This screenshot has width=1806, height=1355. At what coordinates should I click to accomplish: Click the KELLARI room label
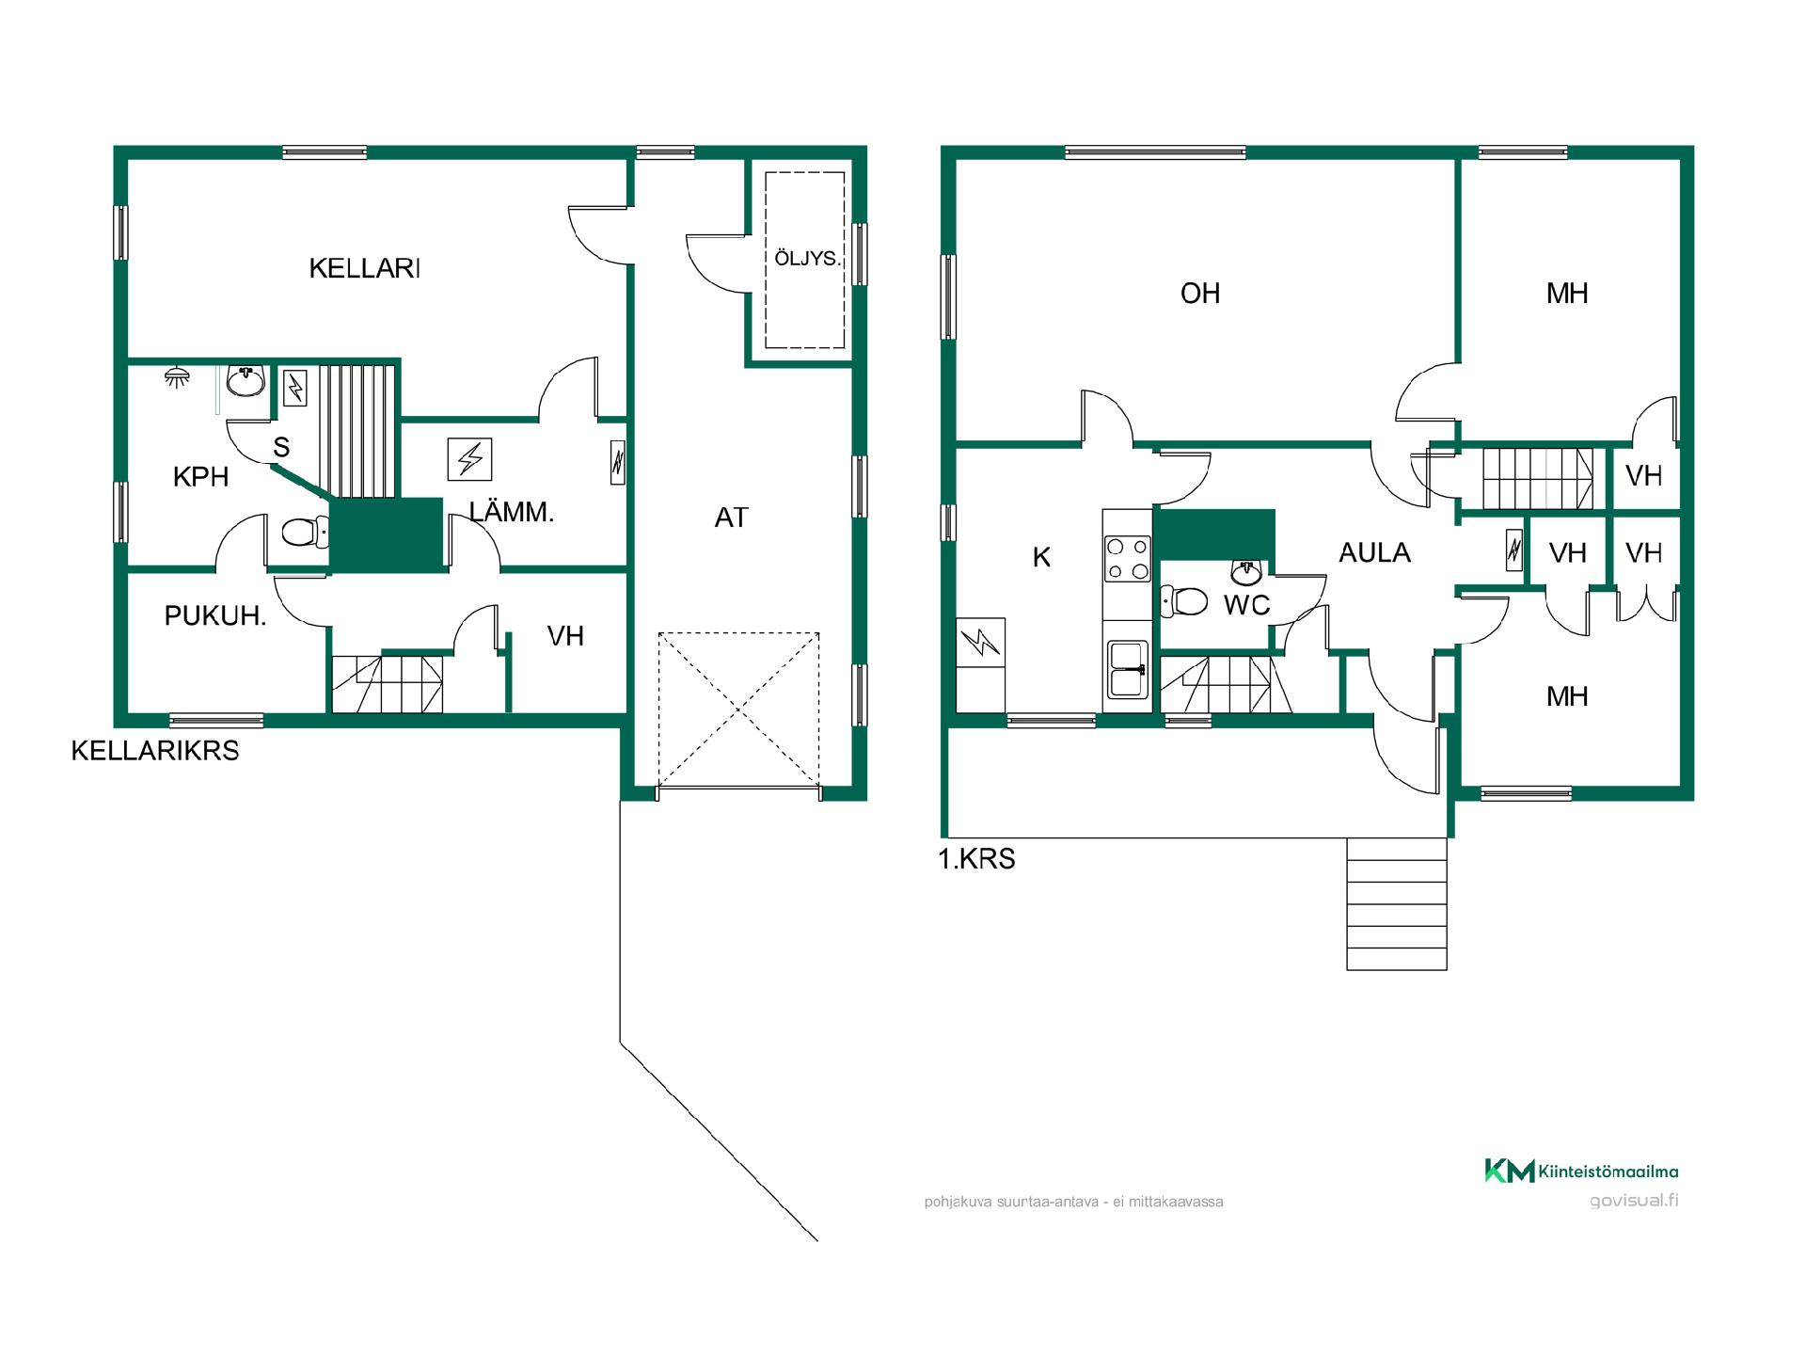coord(364,268)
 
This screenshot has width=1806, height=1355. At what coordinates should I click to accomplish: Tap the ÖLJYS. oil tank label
coord(807,258)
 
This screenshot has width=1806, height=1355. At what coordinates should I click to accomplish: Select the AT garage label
coord(731,518)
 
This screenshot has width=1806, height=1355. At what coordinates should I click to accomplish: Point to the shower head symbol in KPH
coord(175,376)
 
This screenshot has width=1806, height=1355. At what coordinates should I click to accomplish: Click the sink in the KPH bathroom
coord(246,381)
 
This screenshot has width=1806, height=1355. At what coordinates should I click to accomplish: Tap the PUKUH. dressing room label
coord(215,616)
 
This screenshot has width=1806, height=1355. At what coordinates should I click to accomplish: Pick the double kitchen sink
coord(1127,669)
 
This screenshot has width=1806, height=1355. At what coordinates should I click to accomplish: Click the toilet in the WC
coord(1184,600)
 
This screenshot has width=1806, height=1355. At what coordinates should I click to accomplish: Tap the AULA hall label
coord(1374,553)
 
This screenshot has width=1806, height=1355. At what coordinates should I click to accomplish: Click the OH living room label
coord(1200,294)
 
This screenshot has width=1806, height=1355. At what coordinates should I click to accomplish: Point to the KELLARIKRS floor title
coord(155,751)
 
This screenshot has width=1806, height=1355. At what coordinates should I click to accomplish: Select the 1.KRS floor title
coord(977,859)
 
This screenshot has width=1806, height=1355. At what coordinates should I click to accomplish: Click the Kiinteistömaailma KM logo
coord(1581,1171)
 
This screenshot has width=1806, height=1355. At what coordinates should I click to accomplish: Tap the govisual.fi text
coord(1634,1201)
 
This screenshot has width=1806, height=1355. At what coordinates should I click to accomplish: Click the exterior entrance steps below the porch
coord(1397,903)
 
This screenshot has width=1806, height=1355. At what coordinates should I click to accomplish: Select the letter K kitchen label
coord(1041,558)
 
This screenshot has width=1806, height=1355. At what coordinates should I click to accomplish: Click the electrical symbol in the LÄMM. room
coord(470,460)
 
